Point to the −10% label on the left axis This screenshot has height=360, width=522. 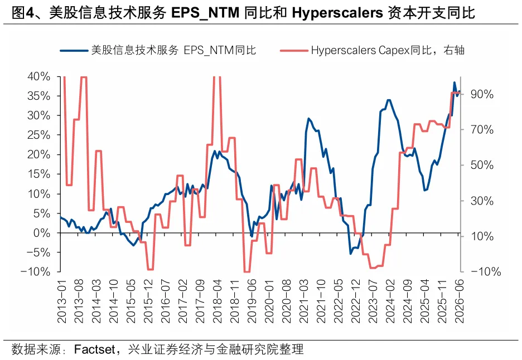click(35, 272)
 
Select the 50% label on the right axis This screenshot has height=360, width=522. click(482, 165)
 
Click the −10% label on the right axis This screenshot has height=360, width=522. click(486, 272)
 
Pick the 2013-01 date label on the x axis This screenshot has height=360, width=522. click(62, 301)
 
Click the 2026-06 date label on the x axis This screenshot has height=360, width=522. click(460, 301)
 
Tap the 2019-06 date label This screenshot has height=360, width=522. click(252, 301)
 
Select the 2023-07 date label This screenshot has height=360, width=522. click(373, 301)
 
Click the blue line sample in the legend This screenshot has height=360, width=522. click(75, 51)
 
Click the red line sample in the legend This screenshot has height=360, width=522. click(294, 51)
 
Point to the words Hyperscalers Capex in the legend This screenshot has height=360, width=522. click(360, 51)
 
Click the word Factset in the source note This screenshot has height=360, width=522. click(94, 349)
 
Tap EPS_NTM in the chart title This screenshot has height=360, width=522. click(205, 13)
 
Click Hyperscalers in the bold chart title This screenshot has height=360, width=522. click(337, 13)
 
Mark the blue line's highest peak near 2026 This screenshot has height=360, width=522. click(455, 82)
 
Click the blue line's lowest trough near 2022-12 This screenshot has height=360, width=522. click(351, 254)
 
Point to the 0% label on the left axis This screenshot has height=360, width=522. click(42, 233)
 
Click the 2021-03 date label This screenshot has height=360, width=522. click(304, 301)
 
